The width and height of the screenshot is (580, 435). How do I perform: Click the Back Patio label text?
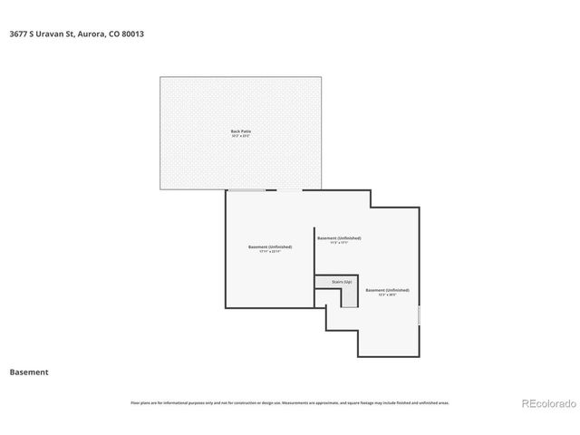(241, 131)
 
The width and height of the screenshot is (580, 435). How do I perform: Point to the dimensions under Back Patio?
(241, 136)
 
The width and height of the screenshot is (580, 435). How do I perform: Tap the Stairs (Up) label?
(342, 282)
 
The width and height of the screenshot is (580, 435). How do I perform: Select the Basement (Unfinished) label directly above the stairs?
(338, 237)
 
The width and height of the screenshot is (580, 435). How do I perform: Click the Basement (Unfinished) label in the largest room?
(270, 246)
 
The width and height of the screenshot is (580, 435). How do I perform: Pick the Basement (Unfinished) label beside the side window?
(387, 290)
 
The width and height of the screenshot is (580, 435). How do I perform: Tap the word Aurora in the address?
(94, 34)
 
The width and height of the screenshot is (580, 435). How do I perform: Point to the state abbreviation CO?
(114, 34)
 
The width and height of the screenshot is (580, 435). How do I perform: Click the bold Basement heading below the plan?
(28, 372)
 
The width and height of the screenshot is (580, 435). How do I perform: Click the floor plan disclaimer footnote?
(290, 402)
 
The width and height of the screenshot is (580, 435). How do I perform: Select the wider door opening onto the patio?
(246, 190)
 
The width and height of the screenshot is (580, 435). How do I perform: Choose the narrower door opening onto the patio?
(289, 190)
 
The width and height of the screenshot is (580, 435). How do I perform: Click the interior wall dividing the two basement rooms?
(314, 250)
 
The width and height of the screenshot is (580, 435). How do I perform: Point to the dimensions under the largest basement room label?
(270, 251)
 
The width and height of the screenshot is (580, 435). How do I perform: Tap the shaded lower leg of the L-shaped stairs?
(349, 296)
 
